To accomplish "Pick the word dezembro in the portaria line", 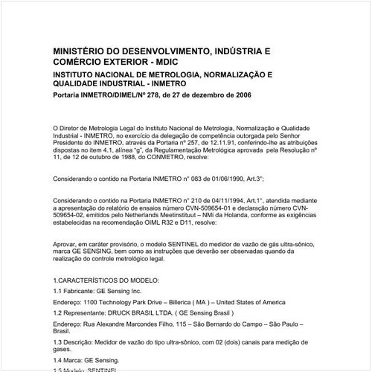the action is (x=196, y=95).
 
